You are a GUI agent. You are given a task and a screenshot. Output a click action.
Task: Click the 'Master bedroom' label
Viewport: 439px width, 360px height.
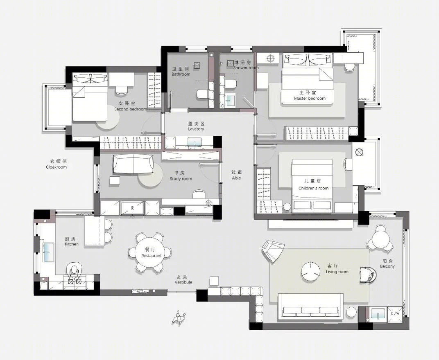click(x=310, y=99)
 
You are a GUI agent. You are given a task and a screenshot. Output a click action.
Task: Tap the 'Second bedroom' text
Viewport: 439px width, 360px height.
click(x=131, y=109)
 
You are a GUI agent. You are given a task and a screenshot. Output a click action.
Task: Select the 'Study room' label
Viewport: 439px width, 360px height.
click(x=181, y=179)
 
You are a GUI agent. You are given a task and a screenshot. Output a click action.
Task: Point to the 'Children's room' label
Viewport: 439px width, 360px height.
click(x=313, y=188)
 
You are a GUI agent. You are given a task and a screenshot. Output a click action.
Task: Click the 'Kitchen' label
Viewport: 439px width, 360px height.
click(x=72, y=244)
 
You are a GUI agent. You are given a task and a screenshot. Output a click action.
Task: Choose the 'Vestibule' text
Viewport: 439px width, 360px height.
click(x=183, y=282)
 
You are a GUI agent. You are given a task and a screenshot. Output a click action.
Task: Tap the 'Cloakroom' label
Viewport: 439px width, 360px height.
click(x=56, y=167)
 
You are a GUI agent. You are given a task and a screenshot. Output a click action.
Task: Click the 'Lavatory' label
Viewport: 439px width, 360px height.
click(x=196, y=129)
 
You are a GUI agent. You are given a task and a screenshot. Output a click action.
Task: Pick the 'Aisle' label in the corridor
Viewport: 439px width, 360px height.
click(x=236, y=178)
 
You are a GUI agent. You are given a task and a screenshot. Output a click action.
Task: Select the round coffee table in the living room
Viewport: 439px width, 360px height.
click(x=311, y=271)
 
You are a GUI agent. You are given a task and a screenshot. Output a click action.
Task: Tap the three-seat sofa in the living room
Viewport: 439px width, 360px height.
click(x=311, y=306)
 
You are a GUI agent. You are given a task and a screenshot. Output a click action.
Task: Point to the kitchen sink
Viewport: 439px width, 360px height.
click(x=48, y=252)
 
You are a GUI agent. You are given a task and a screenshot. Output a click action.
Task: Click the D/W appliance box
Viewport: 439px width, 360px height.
click(x=395, y=313)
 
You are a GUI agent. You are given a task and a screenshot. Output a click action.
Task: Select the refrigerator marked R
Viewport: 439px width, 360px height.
click(x=132, y=208)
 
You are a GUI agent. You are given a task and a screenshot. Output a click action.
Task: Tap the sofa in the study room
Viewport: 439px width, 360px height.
click(x=134, y=164)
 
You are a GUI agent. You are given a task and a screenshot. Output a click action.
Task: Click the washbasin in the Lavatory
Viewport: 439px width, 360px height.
click(x=195, y=143)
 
